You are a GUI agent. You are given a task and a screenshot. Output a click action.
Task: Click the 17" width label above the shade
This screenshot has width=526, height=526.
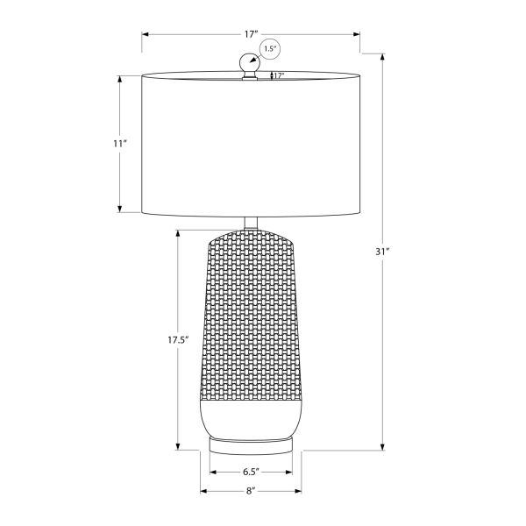pyautogui.click(x=251, y=34)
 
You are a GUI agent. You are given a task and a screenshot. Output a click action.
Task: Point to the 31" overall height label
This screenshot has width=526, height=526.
pyautogui.click(x=382, y=252)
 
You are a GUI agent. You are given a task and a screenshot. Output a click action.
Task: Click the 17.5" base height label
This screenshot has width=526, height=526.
pyautogui.click(x=179, y=338)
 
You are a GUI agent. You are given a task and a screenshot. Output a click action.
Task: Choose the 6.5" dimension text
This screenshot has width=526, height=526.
pyautogui.click(x=251, y=472)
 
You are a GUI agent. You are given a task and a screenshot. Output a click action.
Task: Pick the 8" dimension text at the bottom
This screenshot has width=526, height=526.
pyautogui.click(x=251, y=491)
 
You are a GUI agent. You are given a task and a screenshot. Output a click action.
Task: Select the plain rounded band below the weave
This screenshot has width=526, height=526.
pyautogui.click(x=251, y=416)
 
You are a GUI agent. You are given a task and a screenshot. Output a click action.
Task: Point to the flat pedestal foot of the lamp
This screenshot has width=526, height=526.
pyautogui.click(x=251, y=444)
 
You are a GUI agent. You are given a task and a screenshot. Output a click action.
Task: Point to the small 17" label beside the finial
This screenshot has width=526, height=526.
pyautogui.click(x=278, y=76)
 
